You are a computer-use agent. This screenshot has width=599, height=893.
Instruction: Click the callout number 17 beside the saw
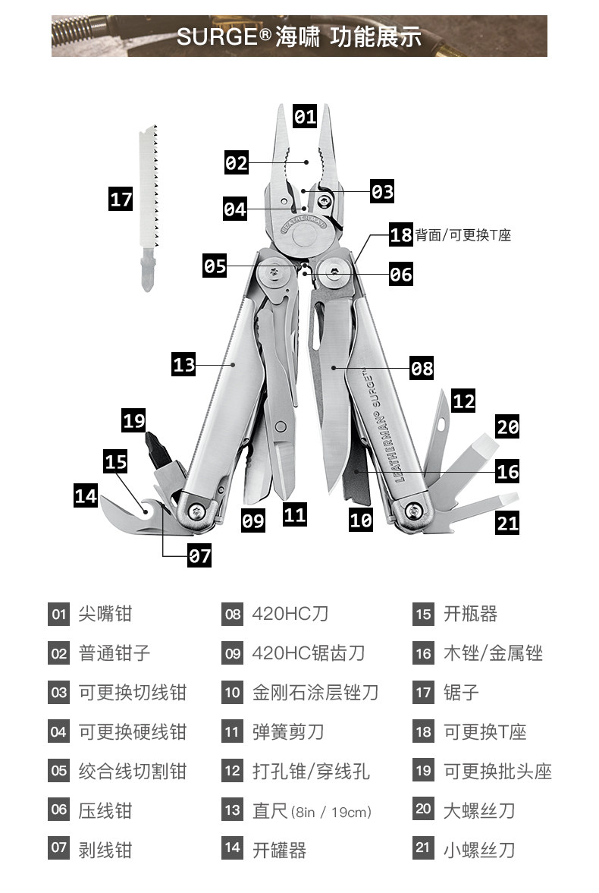[121, 200]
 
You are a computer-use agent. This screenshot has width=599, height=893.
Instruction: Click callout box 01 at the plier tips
[305, 117]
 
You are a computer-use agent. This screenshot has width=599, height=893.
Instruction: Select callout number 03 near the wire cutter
[382, 191]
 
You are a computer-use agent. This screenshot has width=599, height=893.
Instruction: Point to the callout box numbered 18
[401, 234]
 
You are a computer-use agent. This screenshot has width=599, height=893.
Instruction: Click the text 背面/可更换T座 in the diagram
[463, 235]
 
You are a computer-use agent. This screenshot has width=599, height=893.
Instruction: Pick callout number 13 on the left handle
[184, 365]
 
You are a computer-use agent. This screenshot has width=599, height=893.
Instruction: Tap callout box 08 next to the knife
[422, 369]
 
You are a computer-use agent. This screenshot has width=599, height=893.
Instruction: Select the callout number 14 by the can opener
[86, 496]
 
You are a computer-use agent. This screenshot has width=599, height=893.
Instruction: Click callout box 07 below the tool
[199, 556]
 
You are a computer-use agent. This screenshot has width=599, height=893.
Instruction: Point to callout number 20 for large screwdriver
[507, 426]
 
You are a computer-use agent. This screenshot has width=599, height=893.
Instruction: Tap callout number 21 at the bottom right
[507, 523]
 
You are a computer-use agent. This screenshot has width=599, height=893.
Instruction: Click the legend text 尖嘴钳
[105, 614]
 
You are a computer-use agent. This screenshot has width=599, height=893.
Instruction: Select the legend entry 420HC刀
[290, 614]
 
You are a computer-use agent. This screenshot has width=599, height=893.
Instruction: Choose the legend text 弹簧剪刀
[288, 732]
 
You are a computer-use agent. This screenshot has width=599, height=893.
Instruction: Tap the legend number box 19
[423, 772]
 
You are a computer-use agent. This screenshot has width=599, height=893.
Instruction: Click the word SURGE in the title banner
[218, 36]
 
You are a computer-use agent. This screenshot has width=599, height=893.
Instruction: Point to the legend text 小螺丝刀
[479, 850]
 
